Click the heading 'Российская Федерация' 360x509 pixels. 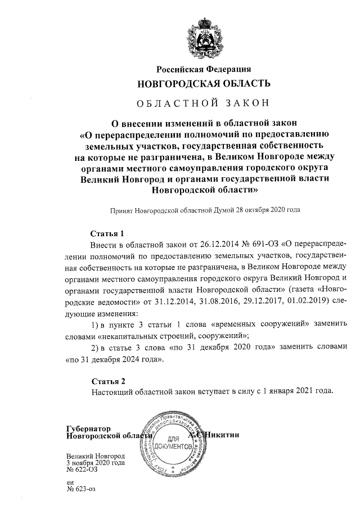[x=204, y=70]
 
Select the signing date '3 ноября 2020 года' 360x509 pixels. [x=95, y=463]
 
